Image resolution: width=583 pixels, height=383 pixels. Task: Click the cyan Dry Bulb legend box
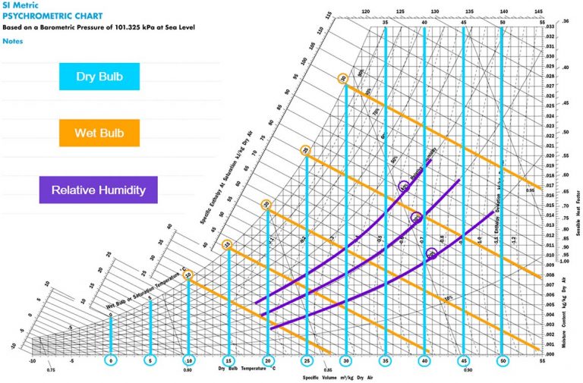coord(99,77)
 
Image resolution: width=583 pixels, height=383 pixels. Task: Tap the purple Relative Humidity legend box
coord(99,190)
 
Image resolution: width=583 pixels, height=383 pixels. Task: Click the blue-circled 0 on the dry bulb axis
coord(111,362)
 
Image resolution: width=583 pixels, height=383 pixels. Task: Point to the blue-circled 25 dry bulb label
coord(306,362)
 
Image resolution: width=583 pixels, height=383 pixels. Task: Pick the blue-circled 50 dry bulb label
coord(502,362)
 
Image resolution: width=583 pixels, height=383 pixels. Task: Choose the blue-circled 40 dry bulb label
coord(424,362)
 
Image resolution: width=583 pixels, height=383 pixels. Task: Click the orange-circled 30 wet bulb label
coord(344,78)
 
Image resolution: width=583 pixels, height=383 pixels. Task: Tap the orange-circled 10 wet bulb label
coord(188,275)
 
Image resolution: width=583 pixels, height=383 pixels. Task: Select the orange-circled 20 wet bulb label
coord(266,205)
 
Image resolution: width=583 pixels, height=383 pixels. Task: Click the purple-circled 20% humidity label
coord(431,254)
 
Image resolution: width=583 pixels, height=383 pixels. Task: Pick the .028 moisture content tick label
coord(550,77)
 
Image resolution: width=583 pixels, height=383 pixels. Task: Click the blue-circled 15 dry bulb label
coord(228,362)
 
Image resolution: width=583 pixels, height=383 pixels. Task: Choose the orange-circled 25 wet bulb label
coord(305,151)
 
